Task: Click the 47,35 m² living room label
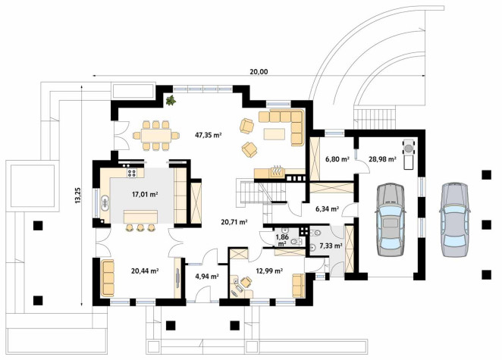click(209, 135)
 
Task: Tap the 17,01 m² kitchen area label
click(145, 194)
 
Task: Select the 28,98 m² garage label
click(383, 158)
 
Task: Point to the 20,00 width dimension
click(259, 72)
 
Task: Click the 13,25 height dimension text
click(77, 196)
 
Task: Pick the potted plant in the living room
click(171, 100)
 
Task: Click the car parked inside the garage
click(390, 220)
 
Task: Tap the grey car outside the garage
click(455, 220)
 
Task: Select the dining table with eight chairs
click(156, 136)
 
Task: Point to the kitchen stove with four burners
click(132, 173)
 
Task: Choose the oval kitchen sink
click(105, 203)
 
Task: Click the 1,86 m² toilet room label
click(282, 240)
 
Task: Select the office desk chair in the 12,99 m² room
click(246, 282)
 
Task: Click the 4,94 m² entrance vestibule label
click(207, 276)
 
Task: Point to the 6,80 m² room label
click(337, 158)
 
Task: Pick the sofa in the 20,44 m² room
click(108, 278)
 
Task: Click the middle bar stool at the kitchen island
click(140, 227)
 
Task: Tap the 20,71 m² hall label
click(234, 221)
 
